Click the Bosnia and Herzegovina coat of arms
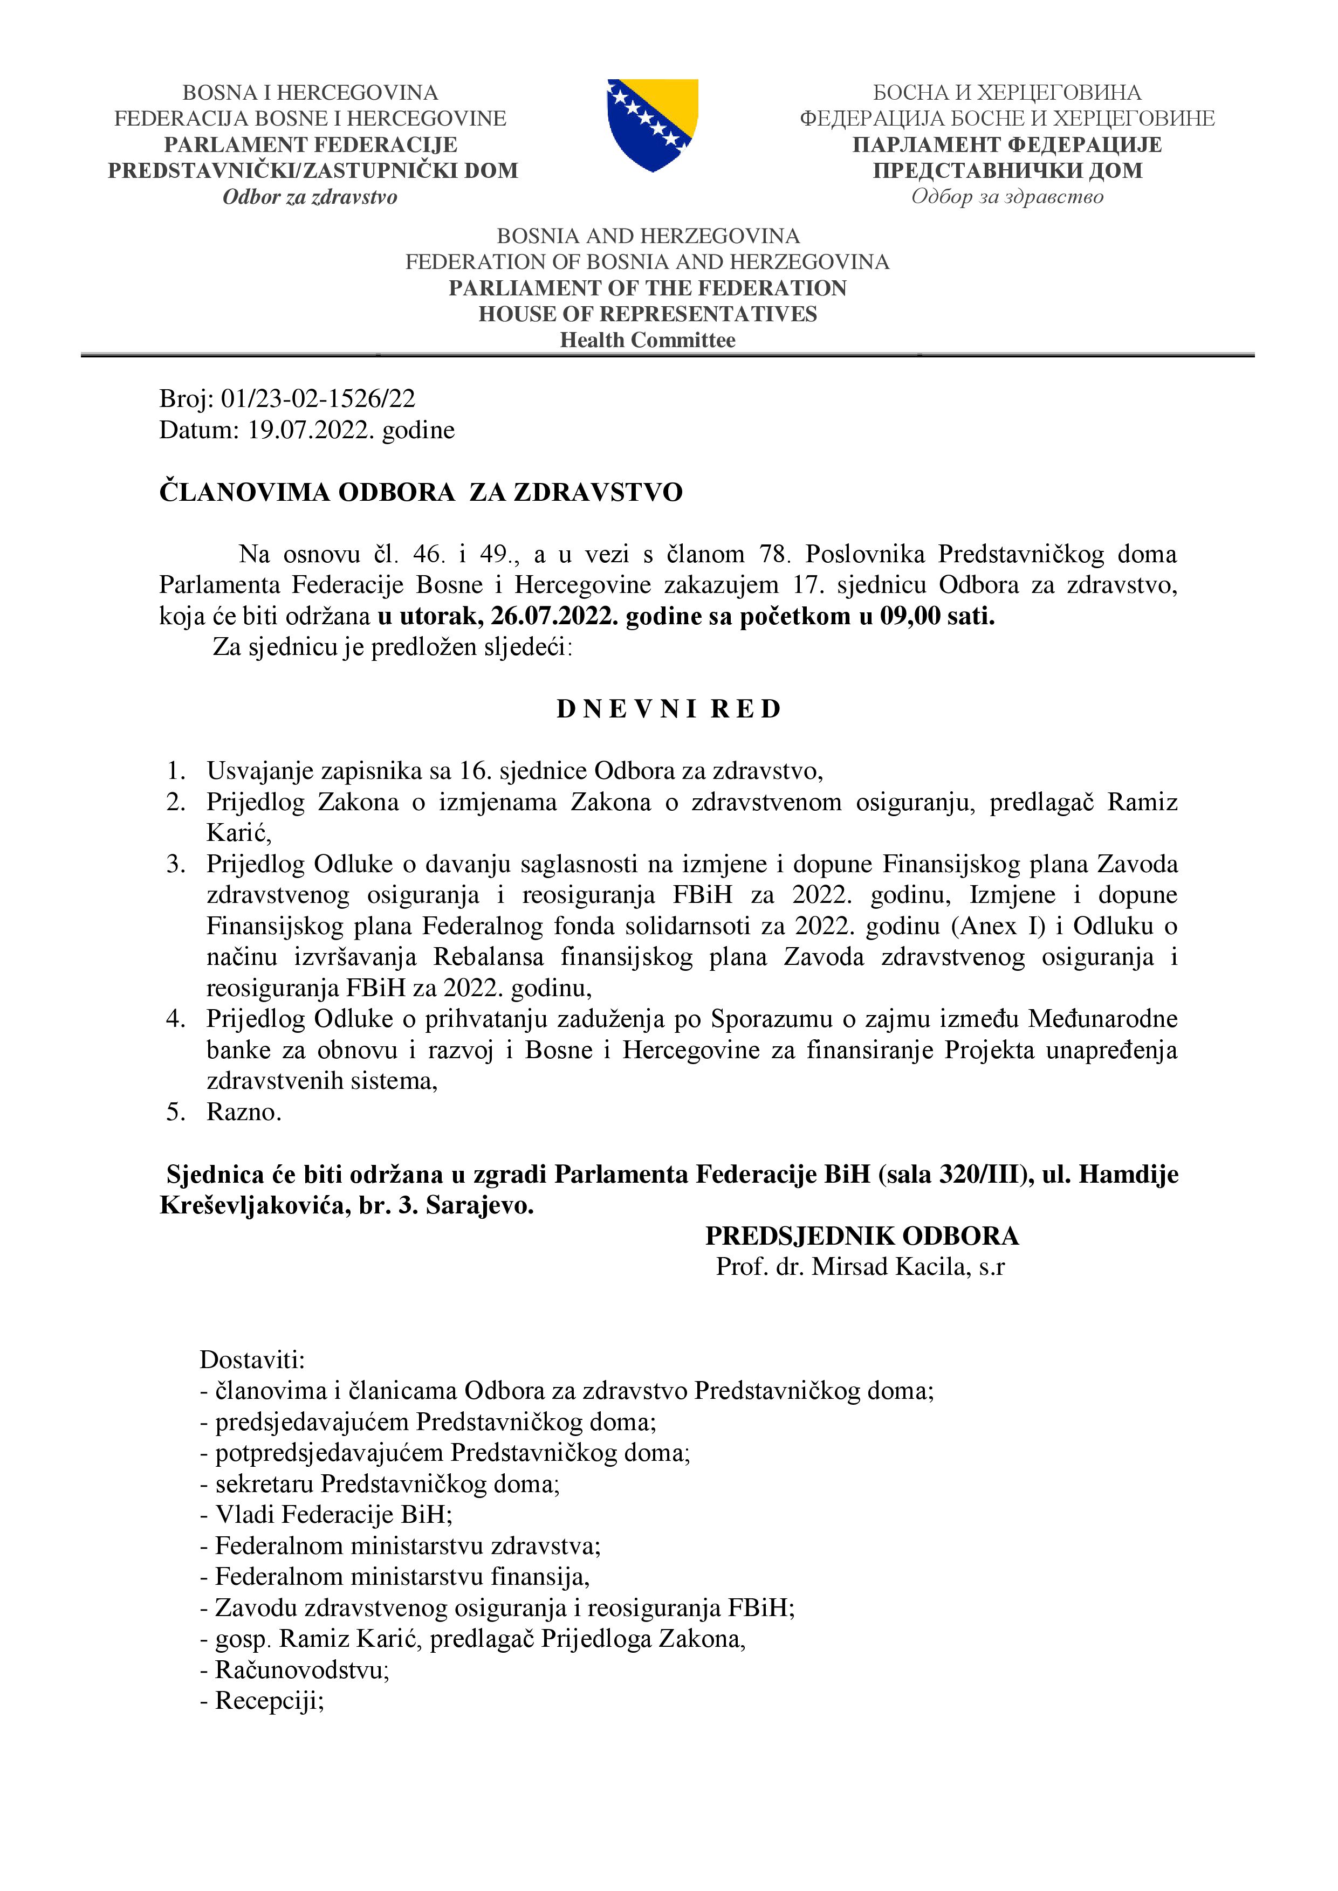[x=653, y=125]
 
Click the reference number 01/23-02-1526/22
[x=318, y=398]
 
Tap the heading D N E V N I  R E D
[x=668, y=709]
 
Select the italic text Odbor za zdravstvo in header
[x=310, y=197]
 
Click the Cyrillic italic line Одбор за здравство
[x=1007, y=197]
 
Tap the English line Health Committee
[x=648, y=340]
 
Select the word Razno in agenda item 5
[x=242, y=1112]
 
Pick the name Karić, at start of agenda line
[x=238, y=833]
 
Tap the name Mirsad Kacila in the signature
[x=888, y=1267]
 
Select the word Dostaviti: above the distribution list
[x=252, y=1360]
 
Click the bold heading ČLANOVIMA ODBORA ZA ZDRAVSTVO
[x=421, y=493]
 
